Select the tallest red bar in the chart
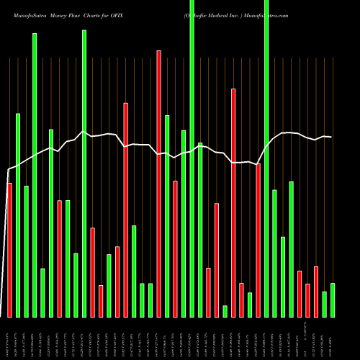point(159,184)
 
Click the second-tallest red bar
point(233,202)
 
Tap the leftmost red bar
point(9,250)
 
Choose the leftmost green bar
point(18,215)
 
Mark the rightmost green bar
point(333,300)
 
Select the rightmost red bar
point(316,292)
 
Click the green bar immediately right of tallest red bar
point(167,216)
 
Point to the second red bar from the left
point(59,258)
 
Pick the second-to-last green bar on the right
point(325,304)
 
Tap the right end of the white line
point(331,137)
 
